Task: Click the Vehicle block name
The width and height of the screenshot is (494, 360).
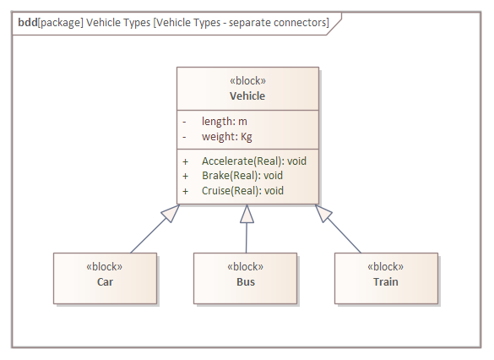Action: click(247, 95)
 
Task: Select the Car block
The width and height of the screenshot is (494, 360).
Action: click(105, 279)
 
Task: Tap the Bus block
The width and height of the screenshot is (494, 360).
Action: click(246, 279)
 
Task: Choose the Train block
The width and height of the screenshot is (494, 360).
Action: click(386, 279)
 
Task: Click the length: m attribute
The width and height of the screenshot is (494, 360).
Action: click(224, 122)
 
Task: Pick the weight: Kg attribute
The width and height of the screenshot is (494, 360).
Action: click(226, 136)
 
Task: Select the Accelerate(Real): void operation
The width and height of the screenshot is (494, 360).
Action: click(253, 161)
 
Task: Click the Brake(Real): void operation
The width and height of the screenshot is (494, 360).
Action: click(242, 176)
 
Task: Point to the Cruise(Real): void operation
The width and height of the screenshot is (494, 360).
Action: click(243, 191)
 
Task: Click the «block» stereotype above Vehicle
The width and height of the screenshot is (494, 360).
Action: click(247, 81)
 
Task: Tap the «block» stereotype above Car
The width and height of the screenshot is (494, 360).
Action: click(105, 266)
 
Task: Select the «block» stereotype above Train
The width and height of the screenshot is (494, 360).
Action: click(386, 266)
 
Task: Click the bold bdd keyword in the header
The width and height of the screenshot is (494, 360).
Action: click(26, 23)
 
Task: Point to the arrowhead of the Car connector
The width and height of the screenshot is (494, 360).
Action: click(171, 213)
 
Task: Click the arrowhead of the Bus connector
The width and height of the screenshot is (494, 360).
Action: click(247, 214)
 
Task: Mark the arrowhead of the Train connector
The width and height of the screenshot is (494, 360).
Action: click(323, 213)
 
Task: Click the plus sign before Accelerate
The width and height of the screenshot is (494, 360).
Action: click(185, 161)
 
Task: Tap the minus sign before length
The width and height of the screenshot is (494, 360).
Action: click(184, 122)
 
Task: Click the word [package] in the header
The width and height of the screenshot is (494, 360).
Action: click(59, 23)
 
